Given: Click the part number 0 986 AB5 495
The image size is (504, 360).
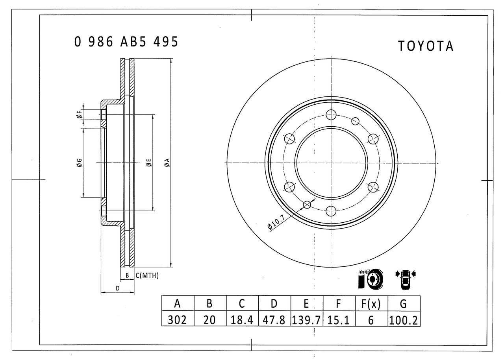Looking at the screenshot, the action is click(x=126, y=42).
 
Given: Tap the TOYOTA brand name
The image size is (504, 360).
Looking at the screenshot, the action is click(x=426, y=46).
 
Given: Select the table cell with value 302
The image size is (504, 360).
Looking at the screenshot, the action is click(x=177, y=319).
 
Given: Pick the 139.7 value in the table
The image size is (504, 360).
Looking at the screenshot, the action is click(x=306, y=320).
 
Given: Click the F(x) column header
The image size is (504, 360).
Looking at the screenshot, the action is click(x=371, y=304).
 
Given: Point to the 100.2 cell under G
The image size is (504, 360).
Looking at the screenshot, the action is click(x=404, y=320).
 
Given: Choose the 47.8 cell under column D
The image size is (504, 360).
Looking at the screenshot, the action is click(x=274, y=320).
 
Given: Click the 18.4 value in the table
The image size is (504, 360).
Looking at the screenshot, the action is click(x=242, y=320).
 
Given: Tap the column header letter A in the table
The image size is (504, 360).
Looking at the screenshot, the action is click(x=177, y=304).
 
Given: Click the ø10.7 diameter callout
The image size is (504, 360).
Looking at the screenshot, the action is click(x=276, y=222).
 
